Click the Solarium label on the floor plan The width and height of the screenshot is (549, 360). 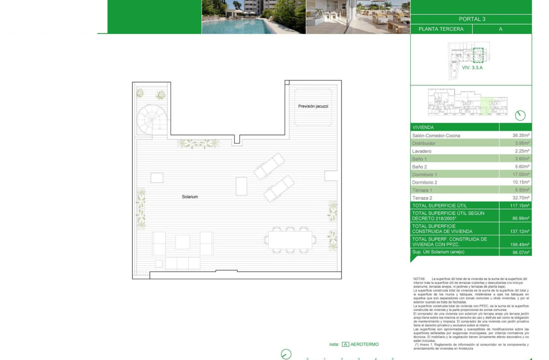[x=190, y=196]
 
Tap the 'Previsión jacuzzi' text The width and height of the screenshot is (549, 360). [x=313, y=106]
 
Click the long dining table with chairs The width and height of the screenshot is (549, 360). [x=290, y=240]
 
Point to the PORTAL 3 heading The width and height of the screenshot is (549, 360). [x=472, y=19]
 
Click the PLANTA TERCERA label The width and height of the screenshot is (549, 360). [x=441, y=29]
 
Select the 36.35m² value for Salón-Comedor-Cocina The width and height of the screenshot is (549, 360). [x=521, y=136]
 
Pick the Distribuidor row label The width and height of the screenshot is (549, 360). [x=424, y=143]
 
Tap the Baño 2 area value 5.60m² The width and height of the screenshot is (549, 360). [x=521, y=167]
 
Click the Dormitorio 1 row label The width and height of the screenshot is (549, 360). [x=425, y=175]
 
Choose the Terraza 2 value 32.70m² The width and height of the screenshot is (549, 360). [x=521, y=198]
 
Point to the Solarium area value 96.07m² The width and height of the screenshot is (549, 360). [x=521, y=252]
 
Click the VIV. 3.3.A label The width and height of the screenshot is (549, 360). [x=472, y=68]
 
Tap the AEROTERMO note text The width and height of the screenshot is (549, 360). [x=364, y=345]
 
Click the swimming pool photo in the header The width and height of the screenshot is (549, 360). [x=253, y=17]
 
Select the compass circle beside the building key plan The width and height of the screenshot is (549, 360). [x=520, y=116]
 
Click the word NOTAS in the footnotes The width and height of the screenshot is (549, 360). [x=419, y=279]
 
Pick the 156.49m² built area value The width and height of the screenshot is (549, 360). [x=521, y=245]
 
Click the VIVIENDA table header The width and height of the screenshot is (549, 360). [x=423, y=128]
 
